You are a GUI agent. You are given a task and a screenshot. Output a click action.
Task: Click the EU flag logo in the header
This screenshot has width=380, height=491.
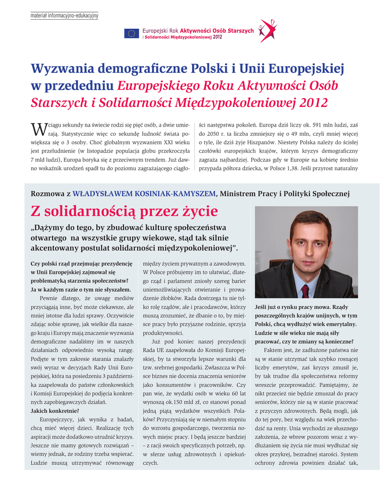point(131,33)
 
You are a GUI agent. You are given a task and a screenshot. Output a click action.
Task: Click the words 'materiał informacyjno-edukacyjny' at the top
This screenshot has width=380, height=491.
point(64,16)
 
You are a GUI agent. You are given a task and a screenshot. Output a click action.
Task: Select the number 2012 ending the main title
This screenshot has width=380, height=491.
point(314,102)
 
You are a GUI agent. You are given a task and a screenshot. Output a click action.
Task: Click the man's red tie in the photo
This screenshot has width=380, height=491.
point(305,290)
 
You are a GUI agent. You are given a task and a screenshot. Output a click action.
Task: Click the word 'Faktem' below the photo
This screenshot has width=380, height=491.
point(273,351)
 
